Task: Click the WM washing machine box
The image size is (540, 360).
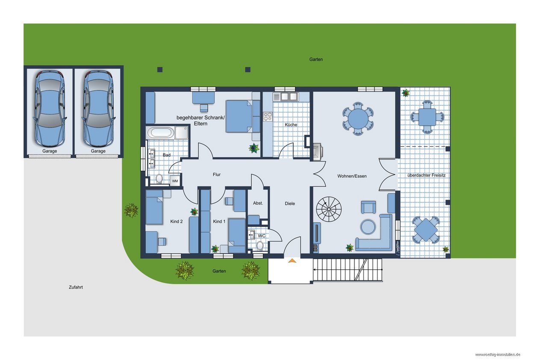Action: tap(175, 181)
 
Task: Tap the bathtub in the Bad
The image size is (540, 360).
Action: tap(161, 133)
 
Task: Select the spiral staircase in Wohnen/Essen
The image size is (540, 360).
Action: tap(329, 209)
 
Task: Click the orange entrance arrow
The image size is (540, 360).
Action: tap(292, 260)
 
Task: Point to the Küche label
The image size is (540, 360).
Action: tap(291, 125)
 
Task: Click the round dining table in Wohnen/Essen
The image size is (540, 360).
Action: tap(358, 118)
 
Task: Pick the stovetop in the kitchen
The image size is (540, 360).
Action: tap(268, 116)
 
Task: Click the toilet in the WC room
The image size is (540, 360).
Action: tap(260, 245)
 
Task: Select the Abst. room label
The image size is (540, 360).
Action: tap(258, 203)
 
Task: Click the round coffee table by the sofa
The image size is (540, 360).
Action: tap(368, 227)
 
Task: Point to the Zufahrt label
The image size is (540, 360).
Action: tap(76, 287)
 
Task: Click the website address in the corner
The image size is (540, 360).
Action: tap(498, 355)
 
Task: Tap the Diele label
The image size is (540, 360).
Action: tap(290, 204)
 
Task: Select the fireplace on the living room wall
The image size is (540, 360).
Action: tap(318, 152)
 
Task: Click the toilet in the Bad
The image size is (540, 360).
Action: tap(159, 179)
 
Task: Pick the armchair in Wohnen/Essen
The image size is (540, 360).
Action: tap(369, 207)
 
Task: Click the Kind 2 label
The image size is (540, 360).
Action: tap(177, 221)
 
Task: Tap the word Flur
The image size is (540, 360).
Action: tap(216, 174)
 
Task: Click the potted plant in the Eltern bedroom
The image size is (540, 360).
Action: tap(254, 148)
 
